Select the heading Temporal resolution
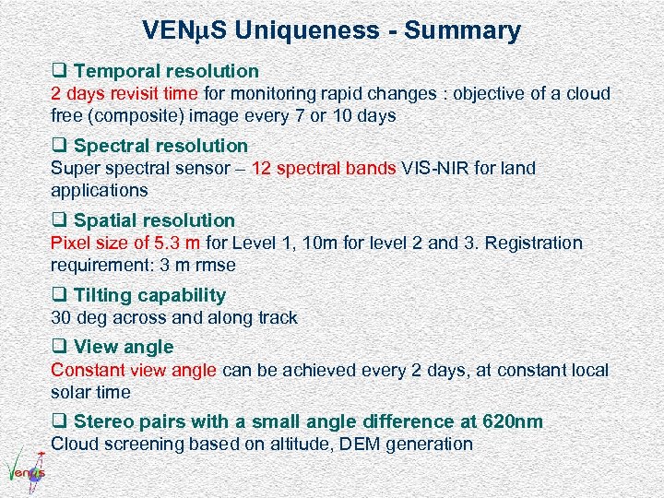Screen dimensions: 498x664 click(166, 71)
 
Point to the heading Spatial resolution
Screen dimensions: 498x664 click(154, 220)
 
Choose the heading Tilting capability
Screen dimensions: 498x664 click(149, 295)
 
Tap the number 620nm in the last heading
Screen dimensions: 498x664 click(513, 421)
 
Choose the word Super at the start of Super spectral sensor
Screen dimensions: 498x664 click(72, 168)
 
